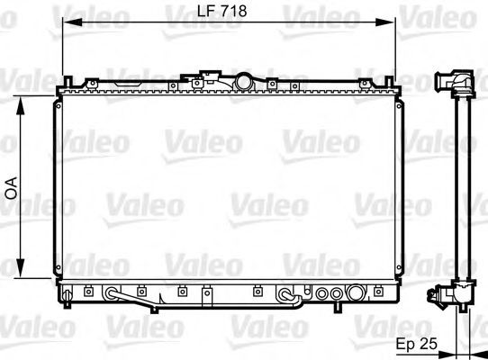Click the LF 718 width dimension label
click(221, 11)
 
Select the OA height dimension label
click(12, 188)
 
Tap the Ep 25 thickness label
click(416, 344)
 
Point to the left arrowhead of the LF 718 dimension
click(72, 22)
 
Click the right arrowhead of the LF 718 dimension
click(384, 22)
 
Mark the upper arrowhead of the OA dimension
click(20, 106)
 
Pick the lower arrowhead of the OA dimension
click(20, 268)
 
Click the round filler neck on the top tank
click(244, 82)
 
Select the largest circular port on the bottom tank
click(356, 292)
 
